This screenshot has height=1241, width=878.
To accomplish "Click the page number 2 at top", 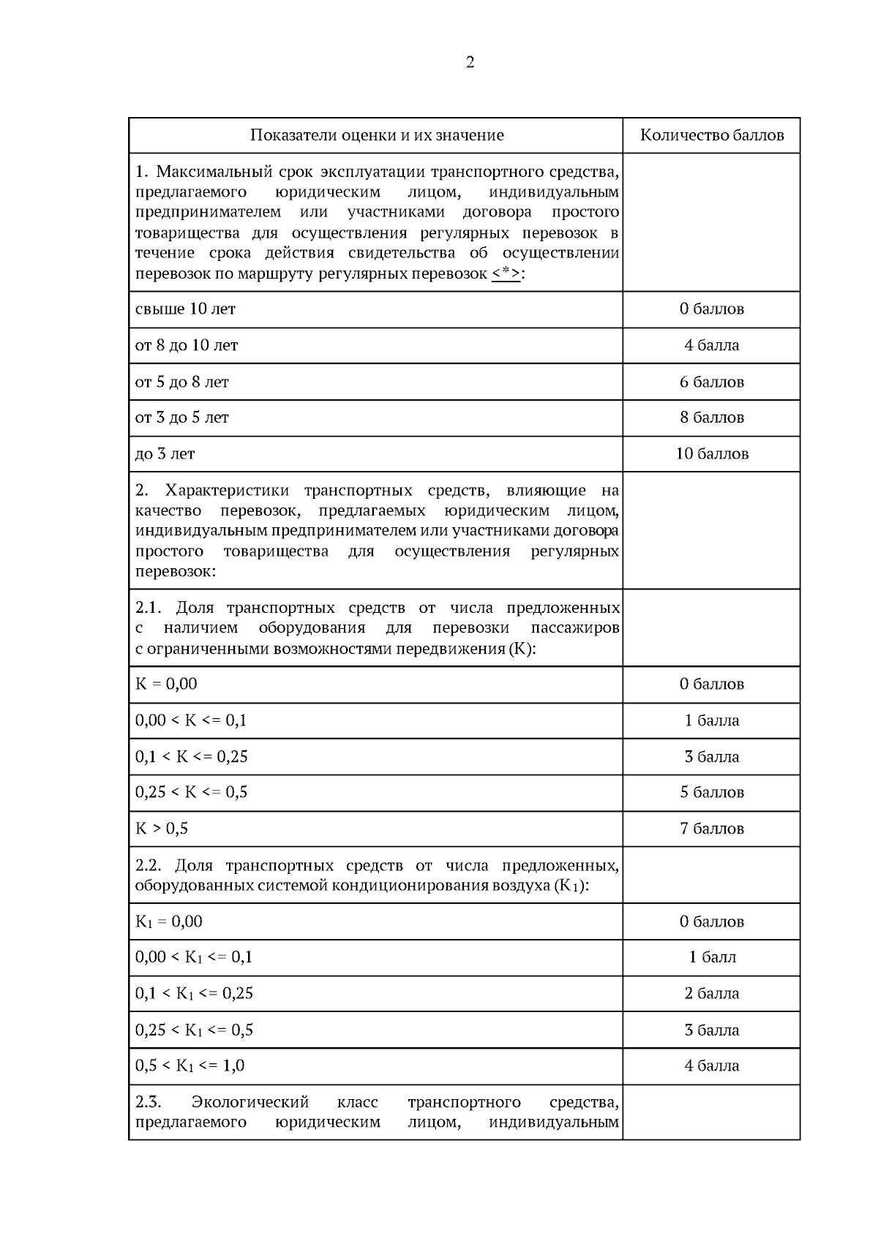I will pos(470,63).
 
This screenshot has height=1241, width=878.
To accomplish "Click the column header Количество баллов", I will pos(711,135).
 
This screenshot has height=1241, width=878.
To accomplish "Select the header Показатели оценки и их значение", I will pos(377,135).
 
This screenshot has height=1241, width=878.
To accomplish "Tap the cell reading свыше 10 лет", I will pos(186,309).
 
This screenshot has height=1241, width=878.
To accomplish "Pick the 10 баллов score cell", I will pos(711,454).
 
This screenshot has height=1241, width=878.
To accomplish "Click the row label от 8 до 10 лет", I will pos(187,345).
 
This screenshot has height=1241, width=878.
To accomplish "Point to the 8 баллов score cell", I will pos(711,418).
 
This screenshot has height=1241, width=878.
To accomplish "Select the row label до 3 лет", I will pos(165,454).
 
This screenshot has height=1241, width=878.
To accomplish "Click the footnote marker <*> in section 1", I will pos(506,274).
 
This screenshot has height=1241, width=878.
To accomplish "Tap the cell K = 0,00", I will pos(167,684).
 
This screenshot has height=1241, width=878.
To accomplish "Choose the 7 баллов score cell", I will pos(711,829).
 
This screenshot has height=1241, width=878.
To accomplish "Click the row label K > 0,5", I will pos(162,829).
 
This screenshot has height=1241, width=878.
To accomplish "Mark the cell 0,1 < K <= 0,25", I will pos(192,757).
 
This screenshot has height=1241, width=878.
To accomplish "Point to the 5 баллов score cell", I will pos(711,793).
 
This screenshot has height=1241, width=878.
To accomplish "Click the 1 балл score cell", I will pos(711,957).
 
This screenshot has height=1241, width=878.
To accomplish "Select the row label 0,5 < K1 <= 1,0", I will pos(190,1066).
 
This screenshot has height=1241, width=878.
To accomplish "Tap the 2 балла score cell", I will pos(711,994).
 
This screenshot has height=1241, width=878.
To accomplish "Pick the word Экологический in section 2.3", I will pos(250,1103).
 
